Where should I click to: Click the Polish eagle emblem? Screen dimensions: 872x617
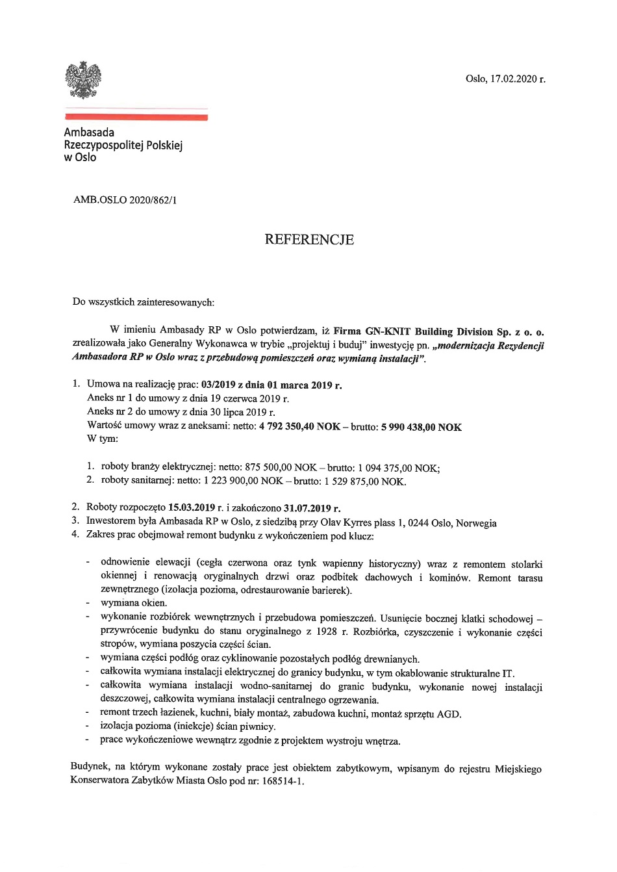[83, 80]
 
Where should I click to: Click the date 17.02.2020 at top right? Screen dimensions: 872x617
[511, 79]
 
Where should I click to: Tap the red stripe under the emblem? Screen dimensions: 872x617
[136, 118]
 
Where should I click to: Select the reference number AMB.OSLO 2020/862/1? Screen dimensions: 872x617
[125, 200]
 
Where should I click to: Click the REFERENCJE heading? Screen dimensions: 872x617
[309, 240]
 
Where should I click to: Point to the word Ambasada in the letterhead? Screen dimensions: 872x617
[89, 133]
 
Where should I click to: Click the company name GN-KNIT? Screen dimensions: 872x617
[387, 331]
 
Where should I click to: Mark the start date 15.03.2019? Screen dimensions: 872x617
[191, 508]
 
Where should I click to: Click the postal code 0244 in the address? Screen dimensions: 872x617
[418, 522]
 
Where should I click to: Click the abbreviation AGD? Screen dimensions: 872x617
[448, 714]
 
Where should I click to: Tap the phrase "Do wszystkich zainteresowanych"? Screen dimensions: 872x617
[143, 301]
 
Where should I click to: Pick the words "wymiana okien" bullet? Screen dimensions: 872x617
[134, 603]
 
